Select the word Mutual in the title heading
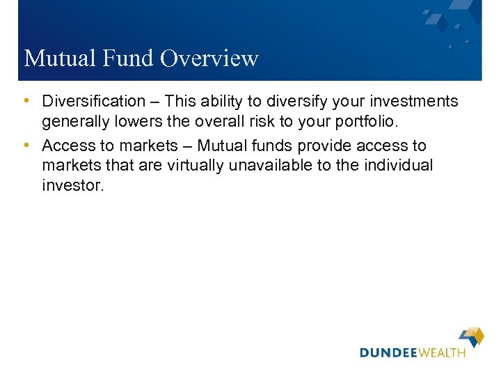point(59,58)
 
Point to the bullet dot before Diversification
point(26,102)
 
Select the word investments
point(415,102)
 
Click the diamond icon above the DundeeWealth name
point(471,336)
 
